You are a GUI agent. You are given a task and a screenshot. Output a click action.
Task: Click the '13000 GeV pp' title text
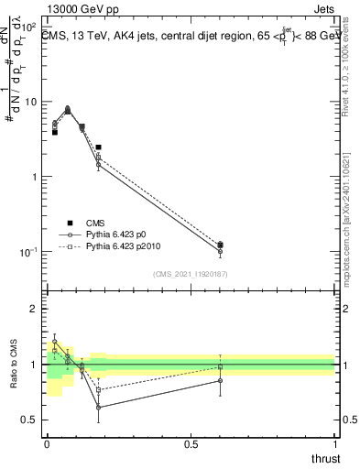[x=80, y=9]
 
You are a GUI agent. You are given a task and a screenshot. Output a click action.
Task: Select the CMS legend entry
[x=95, y=223]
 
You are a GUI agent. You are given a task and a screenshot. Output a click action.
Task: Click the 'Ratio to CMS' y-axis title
[x=13, y=365]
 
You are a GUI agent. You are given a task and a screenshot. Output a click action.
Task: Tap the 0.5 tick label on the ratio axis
[x=30, y=420]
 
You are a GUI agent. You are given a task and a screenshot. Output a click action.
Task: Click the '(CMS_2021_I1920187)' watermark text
[x=191, y=274]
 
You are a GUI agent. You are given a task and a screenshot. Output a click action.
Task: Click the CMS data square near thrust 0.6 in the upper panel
[x=220, y=245]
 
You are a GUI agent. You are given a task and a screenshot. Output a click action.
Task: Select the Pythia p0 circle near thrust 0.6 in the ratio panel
[x=220, y=380]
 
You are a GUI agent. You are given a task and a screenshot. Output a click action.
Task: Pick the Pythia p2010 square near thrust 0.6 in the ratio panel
[x=220, y=367]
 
